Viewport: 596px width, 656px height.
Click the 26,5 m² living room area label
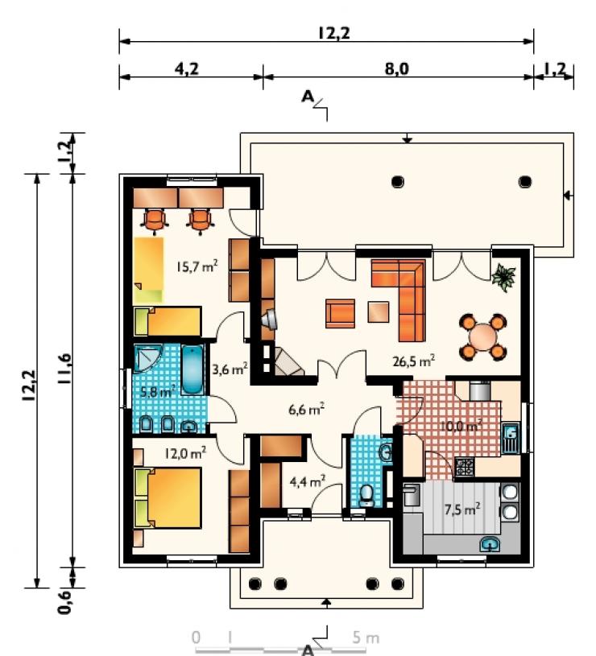coord(413,361)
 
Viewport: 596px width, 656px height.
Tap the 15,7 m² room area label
coord(197,266)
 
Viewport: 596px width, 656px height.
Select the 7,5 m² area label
coord(462,510)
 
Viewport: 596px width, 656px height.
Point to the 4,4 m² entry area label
coord(308,481)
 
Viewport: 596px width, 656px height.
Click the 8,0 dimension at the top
coord(397,68)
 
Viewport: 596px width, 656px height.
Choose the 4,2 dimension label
coord(187,68)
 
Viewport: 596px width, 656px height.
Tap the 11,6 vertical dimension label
coord(65,369)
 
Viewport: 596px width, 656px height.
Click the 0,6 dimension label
coord(64,601)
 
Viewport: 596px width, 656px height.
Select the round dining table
coord(482,336)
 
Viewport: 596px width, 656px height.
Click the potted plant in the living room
coord(504,277)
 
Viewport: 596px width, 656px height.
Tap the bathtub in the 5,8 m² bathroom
coord(192,369)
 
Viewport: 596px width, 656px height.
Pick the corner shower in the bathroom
coord(147,357)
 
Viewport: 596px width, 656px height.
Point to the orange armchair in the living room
coord(340,313)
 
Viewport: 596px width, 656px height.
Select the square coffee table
coord(379,312)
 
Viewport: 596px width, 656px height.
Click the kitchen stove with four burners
coord(465,467)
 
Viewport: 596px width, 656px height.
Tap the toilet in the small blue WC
coord(367,495)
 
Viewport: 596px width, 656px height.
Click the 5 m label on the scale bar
coord(366,638)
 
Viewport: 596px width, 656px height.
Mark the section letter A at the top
coord(308,97)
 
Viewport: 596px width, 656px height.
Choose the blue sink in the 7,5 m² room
coord(490,544)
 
